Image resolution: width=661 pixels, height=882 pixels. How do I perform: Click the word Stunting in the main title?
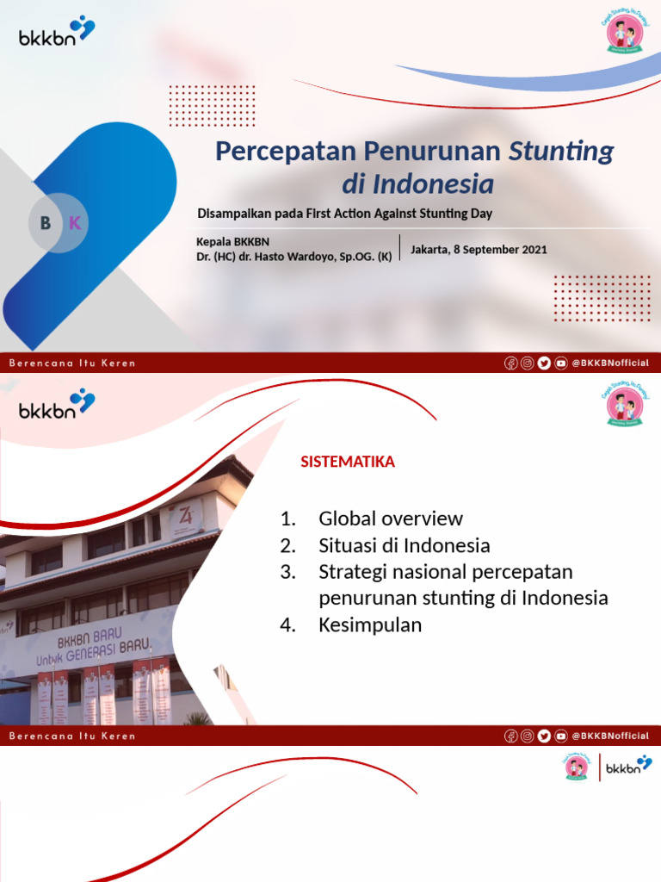(561, 152)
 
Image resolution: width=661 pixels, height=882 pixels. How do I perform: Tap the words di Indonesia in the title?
(417, 184)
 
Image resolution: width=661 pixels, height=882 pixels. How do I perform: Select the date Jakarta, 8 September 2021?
(479, 250)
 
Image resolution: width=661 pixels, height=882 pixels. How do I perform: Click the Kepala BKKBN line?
(232, 242)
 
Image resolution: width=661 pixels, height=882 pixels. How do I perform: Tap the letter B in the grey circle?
(46, 223)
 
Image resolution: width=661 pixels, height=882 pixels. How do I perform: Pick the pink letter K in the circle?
(75, 223)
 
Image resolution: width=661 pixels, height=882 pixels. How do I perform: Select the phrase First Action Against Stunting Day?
(398, 214)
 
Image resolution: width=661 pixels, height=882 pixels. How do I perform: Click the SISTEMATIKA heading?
(348, 463)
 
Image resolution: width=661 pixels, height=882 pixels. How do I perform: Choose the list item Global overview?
(390, 519)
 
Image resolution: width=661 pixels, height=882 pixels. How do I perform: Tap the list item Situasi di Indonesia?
(404, 545)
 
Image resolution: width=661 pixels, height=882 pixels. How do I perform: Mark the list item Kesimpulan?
(370, 625)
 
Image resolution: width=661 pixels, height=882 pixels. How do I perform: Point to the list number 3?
(287, 572)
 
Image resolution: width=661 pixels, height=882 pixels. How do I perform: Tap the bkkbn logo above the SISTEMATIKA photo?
(57, 404)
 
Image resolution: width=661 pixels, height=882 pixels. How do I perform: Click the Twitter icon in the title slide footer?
(544, 363)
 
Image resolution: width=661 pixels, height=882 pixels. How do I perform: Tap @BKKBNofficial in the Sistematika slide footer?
(610, 736)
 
